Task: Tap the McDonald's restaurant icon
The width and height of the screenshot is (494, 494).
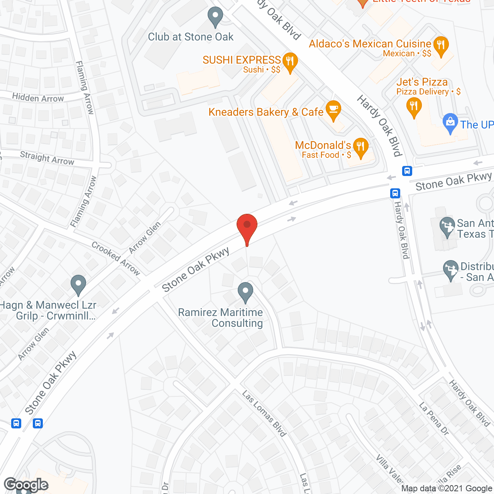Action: (360, 147)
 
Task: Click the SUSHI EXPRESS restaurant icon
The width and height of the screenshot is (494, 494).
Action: (289, 61)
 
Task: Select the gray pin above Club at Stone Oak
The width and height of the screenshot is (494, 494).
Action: (215, 17)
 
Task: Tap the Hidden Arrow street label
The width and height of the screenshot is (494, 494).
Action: (38, 98)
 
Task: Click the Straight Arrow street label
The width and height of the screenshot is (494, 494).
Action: (47, 158)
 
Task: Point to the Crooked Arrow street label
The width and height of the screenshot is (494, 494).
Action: (116, 258)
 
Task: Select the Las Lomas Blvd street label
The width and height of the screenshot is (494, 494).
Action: (264, 413)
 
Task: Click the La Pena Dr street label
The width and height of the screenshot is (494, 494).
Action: (434, 419)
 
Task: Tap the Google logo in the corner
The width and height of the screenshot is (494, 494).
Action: (26, 485)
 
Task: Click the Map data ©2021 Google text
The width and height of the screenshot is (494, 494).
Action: (447, 489)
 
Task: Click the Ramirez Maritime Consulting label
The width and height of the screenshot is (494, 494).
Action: (220, 318)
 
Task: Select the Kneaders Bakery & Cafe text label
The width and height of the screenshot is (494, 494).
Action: (266, 112)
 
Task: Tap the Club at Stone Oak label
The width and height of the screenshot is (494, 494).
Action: (191, 37)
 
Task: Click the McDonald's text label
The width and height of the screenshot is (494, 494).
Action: (323, 145)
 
